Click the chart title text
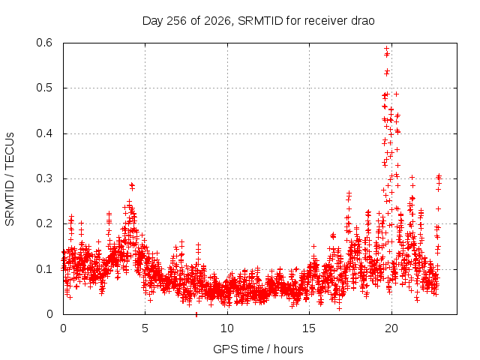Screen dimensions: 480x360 258,21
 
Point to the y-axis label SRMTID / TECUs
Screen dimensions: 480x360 10,179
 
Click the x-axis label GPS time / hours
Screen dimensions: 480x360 258,349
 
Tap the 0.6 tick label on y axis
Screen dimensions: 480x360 44,43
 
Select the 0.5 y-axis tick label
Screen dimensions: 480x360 44,88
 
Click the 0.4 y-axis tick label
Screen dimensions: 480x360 44,133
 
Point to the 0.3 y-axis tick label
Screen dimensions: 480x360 44,178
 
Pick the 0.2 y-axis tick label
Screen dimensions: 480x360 44,223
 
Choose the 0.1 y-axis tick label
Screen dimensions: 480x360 44,269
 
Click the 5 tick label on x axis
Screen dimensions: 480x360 145,328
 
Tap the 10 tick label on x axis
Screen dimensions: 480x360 227,328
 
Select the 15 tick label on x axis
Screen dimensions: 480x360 309,328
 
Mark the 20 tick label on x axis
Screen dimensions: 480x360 391,328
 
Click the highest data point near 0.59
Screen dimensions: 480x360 387,48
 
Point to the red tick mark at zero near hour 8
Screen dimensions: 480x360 196,314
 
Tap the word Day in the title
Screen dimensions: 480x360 153,21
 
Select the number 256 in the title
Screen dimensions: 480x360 176,21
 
